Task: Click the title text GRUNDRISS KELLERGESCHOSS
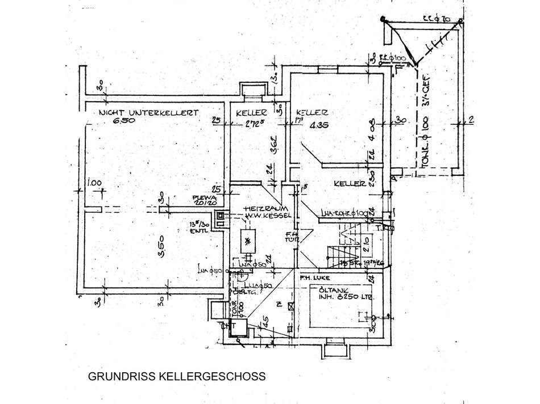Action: tap(176, 376)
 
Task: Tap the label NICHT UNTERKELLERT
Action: tap(148, 113)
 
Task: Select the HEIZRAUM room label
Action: tap(261, 209)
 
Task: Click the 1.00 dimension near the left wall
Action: tap(94, 183)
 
